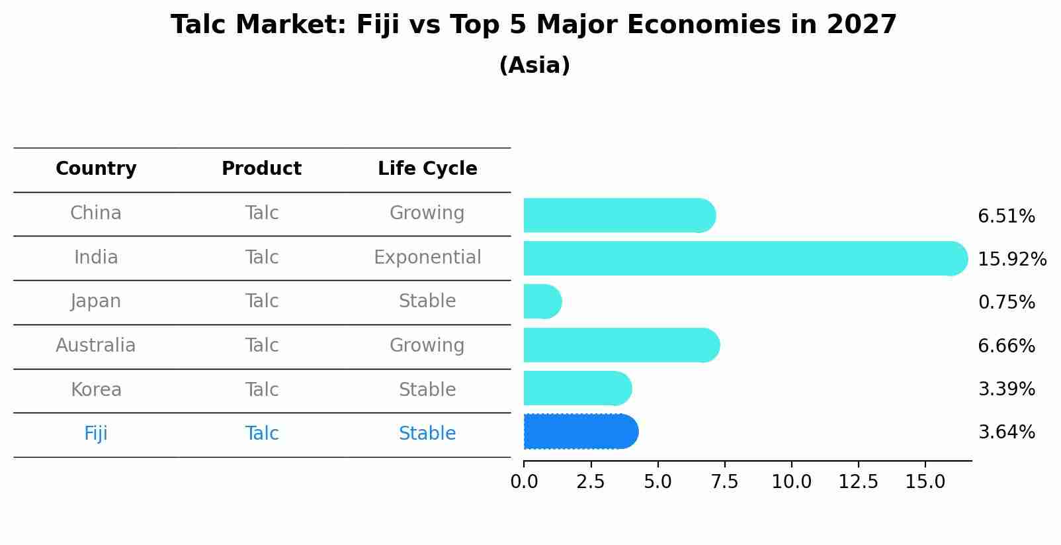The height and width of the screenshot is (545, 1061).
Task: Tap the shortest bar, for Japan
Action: click(542, 301)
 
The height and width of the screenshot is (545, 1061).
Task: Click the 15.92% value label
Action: click(1011, 259)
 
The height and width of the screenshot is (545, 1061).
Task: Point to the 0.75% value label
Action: click(1006, 303)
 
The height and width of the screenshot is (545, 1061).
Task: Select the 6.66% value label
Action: click(1006, 346)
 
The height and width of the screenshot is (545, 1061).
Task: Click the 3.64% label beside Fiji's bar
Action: click(1006, 432)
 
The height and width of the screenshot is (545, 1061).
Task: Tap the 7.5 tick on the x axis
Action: click(724, 481)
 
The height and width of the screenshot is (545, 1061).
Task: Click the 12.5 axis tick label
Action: click(858, 481)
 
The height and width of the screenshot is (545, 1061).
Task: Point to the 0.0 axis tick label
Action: click(524, 481)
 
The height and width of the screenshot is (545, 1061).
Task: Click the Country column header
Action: click(96, 169)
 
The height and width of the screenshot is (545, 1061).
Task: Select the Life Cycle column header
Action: click(427, 169)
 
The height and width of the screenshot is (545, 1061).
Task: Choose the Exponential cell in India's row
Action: click(427, 257)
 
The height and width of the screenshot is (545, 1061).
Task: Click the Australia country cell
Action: click(96, 345)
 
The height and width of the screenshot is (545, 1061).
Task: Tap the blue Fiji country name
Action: click(96, 433)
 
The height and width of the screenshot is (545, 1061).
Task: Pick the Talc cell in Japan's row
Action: click(262, 301)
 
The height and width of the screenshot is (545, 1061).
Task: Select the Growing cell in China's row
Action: click(427, 213)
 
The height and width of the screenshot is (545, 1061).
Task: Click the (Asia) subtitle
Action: click(534, 66)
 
